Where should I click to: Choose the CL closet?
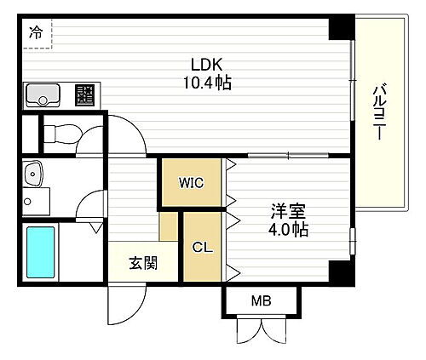pyautogui.click(x=202, y=248)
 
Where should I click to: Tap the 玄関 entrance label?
pyautogui.click(x=142, y=263)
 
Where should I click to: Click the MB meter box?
pyautogui.click(x=262, y=300)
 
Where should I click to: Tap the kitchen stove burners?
pyautogui.click(x=83, y=94)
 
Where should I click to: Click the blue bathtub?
pyautogui.click(x=39, y=252)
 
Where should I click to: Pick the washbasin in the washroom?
pyautogui.click(x=33, y=175)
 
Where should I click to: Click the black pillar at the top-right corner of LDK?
pyautogui.click(x=341, y=28)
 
